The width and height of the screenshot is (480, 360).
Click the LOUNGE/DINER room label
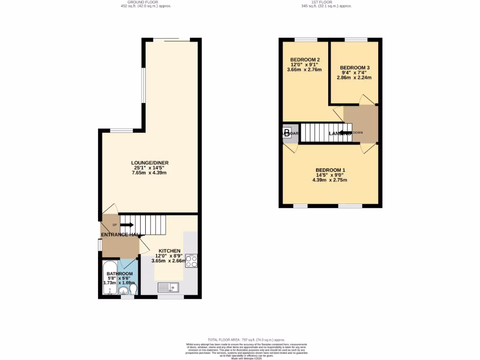[x=150, y=163]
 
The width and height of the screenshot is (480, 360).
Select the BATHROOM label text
[x=120, y=274]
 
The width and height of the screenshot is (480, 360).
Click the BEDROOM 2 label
[x=305, y=60]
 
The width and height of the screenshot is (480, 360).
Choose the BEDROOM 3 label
[x=355, y=67]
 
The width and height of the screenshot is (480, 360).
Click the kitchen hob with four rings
[x=191, y=261]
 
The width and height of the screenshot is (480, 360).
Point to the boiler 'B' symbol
[x=287, y=132]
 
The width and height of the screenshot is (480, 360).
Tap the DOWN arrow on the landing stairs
[x=345, y=133]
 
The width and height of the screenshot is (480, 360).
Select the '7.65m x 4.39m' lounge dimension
[x=150, y=173]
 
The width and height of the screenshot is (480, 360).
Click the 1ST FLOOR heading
[x=326, y=2]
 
